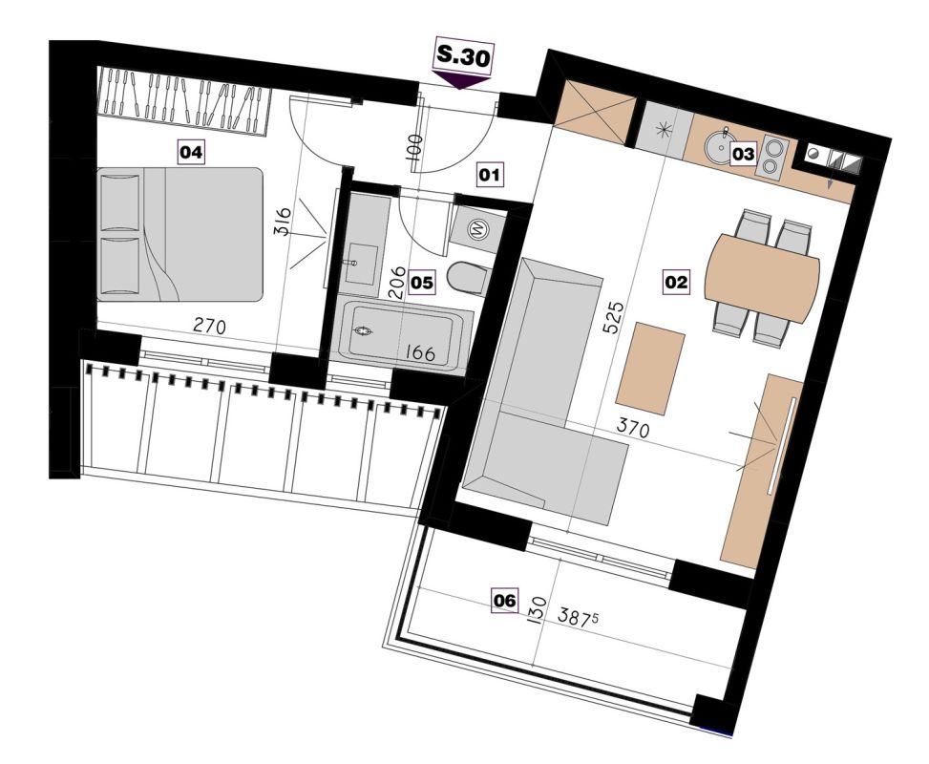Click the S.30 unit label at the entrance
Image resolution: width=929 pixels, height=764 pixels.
[x=463, y=57]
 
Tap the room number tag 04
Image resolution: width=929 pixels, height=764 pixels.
[x=191, y=153]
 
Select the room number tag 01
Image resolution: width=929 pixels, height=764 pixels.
[x=490, y=175]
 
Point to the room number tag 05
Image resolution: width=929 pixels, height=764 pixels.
[x=422, y=282]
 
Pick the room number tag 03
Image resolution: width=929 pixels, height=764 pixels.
[x=743, y=154]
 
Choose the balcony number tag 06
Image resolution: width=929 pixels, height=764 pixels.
[x=506, y=601]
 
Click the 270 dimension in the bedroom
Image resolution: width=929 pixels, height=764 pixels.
[x=210, y=326]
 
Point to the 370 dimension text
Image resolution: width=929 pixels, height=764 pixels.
[x=633, y=428]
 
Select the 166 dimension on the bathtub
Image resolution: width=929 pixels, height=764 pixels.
[x=420, y=353]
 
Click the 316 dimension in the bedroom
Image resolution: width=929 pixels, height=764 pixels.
[x=284, y=222]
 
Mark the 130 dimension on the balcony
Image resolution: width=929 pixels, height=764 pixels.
[x=538, y=610]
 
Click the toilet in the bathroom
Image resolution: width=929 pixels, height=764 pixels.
[x=468, y=278]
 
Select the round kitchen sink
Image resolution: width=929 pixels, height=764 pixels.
[x=718, y=144]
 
